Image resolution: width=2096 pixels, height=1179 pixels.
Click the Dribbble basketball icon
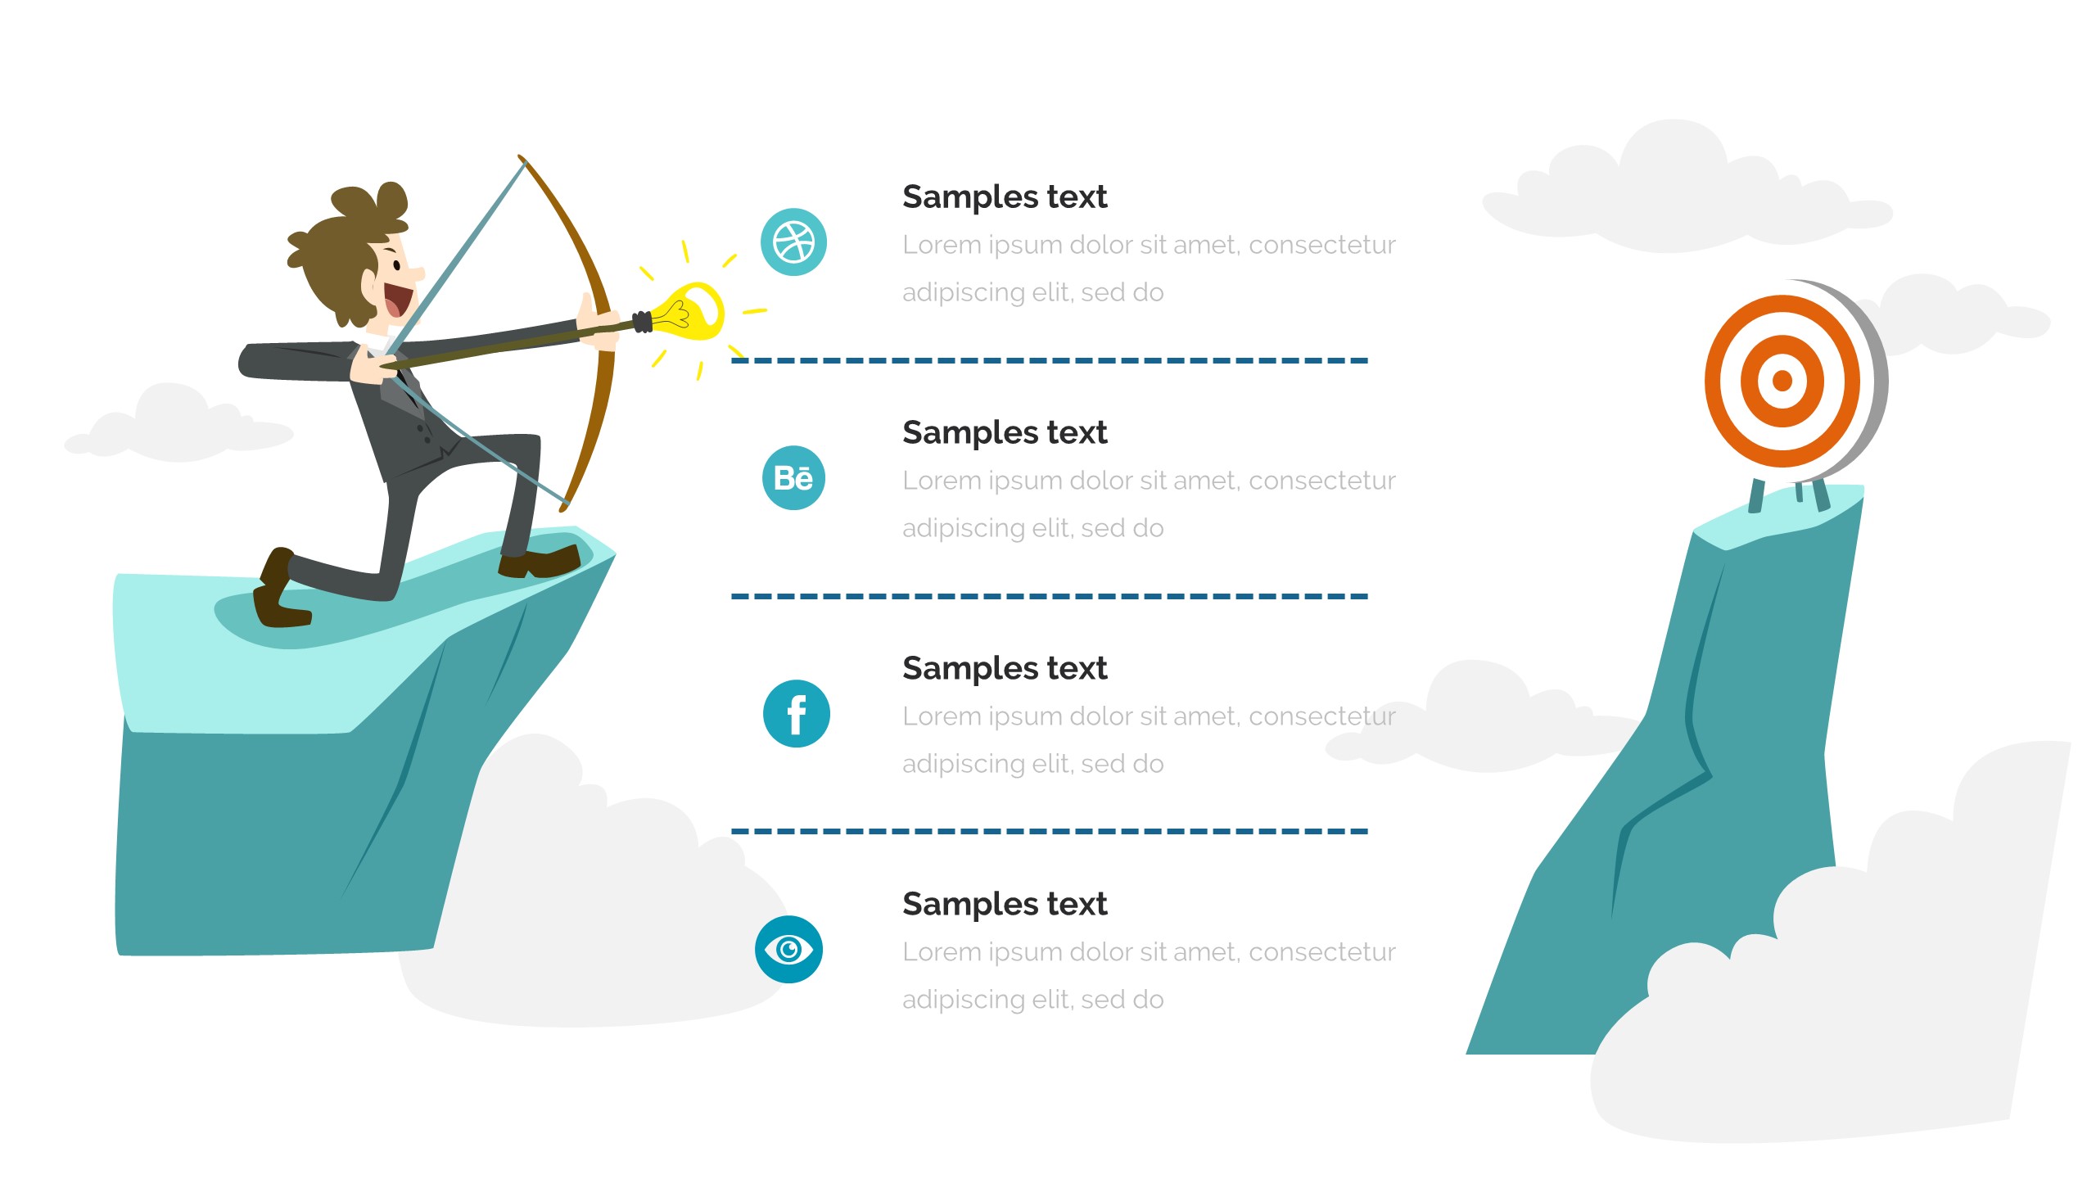click(x=793, y=242)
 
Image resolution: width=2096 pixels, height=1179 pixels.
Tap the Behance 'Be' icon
click(x=793, y=478)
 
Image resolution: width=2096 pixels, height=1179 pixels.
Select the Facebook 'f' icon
click(x=797, y=714)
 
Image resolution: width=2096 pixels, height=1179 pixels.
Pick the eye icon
click(x=788, y=949)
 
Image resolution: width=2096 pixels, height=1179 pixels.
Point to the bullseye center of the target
click(x=1782, y=381)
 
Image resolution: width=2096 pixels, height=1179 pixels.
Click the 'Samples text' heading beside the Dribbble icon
click(x=1005, y=197)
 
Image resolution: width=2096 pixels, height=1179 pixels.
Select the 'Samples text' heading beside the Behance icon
click(x=1005, y=433)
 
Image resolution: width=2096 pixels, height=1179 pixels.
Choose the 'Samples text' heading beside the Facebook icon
click(x=1005, y=669)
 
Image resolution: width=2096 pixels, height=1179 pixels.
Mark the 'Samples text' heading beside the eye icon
click(x=1005, y=905)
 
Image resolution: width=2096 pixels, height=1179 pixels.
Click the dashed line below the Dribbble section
click(x=1050, y=360)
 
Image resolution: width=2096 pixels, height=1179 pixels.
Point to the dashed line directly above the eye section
click(x=1050, y=831)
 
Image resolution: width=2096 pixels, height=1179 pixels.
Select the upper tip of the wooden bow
click(x=520, y=156)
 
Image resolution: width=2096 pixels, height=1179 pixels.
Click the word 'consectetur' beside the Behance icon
click(x=1322, y=481)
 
